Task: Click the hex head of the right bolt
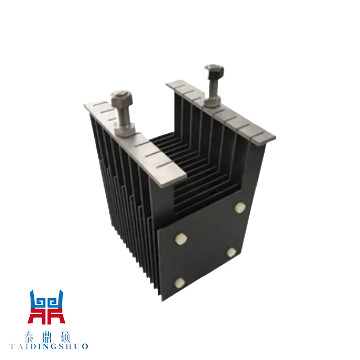point(214,71)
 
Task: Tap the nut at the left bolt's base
point(125,130)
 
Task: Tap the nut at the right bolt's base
point(213,101)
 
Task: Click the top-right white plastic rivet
point(240,208)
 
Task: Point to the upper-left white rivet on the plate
point(181,239)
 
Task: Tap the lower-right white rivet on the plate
point(231,252)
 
